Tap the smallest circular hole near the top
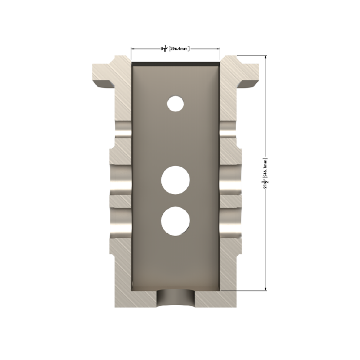(175, 103)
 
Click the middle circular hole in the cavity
(175, 180)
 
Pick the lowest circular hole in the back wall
(175, 221)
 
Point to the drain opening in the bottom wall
(176, 299)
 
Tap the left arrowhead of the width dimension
(133, 49)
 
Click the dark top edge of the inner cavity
(175, 64)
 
